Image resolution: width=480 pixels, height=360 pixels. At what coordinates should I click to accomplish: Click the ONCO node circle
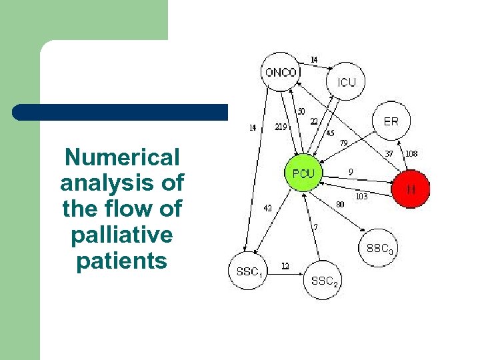click(280, 71)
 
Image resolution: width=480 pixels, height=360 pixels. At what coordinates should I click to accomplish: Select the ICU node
click(347, 83)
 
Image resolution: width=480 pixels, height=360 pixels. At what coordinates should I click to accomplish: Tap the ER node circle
click(392, 121)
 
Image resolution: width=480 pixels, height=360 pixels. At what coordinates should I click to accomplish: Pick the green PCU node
click(303, 174)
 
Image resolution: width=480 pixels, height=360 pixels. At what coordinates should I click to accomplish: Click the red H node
click(411, 189)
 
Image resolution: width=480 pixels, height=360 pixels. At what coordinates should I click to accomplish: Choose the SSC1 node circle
click(248, 271)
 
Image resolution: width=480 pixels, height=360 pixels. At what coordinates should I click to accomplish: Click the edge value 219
click(281, 127)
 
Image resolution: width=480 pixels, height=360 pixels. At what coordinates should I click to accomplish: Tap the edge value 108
click(411, 153)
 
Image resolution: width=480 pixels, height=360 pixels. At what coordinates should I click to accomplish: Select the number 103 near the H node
click(362, 197)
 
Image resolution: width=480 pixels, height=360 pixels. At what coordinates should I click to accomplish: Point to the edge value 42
click(267, 207)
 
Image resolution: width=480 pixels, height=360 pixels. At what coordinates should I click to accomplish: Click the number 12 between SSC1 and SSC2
click(285, 266)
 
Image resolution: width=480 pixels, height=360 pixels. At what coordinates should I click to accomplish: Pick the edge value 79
click(344, 143)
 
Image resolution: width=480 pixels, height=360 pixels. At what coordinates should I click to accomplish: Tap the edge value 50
click(301, 111)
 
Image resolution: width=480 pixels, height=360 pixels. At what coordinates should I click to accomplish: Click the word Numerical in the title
click(123, 157)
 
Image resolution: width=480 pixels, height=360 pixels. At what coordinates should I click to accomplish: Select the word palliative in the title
click(123, 235)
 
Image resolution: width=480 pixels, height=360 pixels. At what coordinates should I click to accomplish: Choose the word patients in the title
click(123, 261)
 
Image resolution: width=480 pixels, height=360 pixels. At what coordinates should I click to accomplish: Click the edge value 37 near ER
click(389, 153)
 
